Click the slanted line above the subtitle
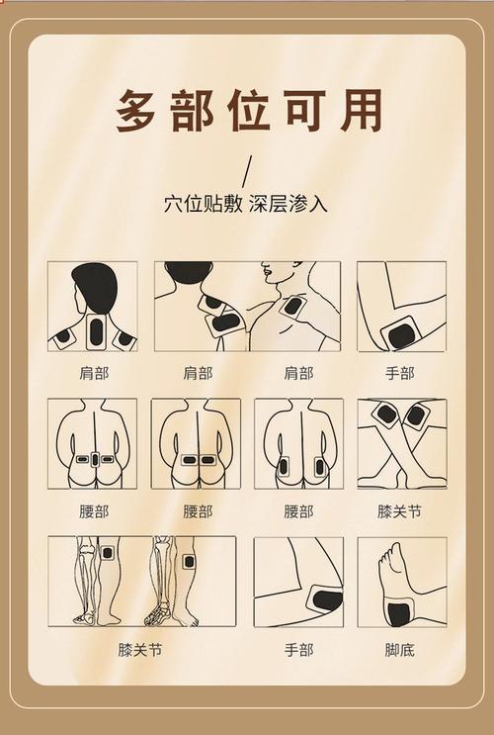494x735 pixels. pos(247,168)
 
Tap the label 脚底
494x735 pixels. pos(400,650)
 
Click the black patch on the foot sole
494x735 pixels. pos(399,613)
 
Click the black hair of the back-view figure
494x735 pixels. pos(94,287)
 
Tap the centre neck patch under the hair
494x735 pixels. pos(96,330)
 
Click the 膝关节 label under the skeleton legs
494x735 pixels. pos(140,650)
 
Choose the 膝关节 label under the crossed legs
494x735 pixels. pos(400,511)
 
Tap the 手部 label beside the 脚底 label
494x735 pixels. pos(298,650)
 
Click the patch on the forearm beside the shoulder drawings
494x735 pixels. pos(401,333)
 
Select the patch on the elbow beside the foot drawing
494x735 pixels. pos(324,597)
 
